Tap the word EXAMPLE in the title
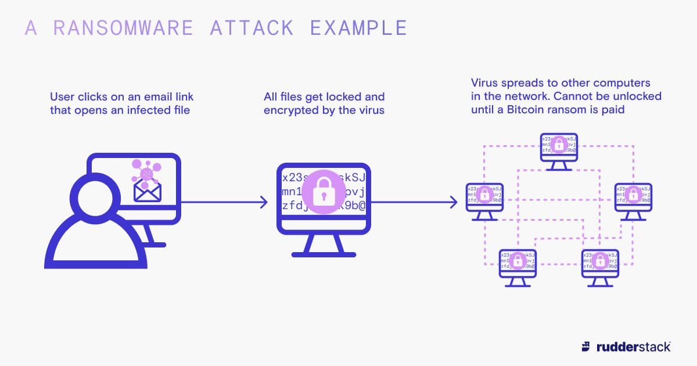(358, 28)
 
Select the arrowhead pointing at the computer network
(454, 202)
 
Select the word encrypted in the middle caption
(292, 109)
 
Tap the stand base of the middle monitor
(323, 254)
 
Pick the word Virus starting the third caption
(484, 82)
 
